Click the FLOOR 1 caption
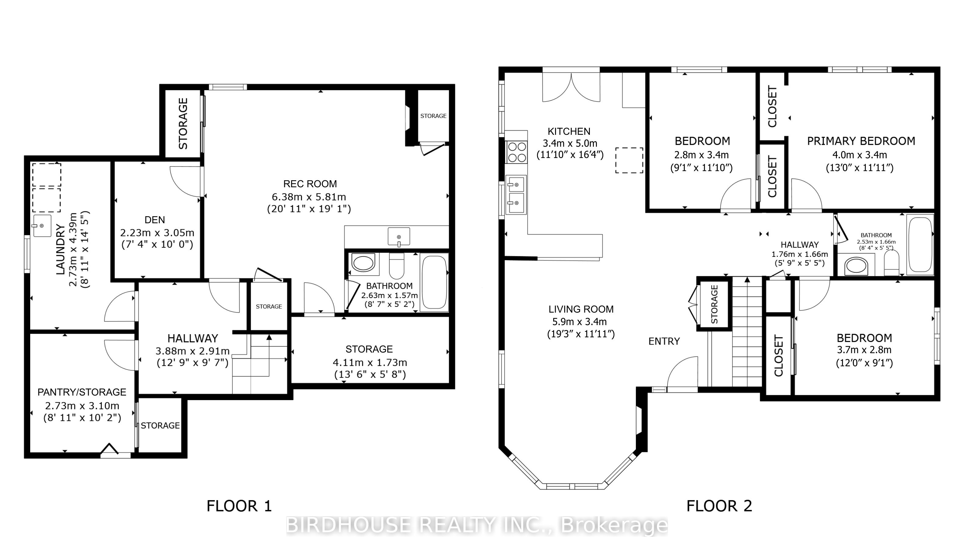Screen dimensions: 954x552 click(239, 506)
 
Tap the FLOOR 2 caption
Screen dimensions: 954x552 click(719, 506)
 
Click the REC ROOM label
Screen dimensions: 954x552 click(310, 184)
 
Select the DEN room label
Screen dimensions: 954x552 click(155, 220)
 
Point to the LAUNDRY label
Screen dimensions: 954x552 click(61, 249)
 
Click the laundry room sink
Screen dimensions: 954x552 click(42, 226)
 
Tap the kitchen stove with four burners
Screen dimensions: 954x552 click(516, 152)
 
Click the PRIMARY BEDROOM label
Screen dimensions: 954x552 click(861, 141)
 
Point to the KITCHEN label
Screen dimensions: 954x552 click(569, 131)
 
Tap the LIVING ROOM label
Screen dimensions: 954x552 click(581, 309)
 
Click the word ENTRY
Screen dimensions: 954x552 click(664, 342)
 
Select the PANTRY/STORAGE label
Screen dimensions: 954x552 click(82, 392)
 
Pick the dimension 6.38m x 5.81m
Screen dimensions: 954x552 click(309, 197)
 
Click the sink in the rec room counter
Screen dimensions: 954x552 click(399, 237)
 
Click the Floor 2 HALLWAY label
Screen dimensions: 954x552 click(800, 245)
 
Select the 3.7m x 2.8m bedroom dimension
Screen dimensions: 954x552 click(864, 350)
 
